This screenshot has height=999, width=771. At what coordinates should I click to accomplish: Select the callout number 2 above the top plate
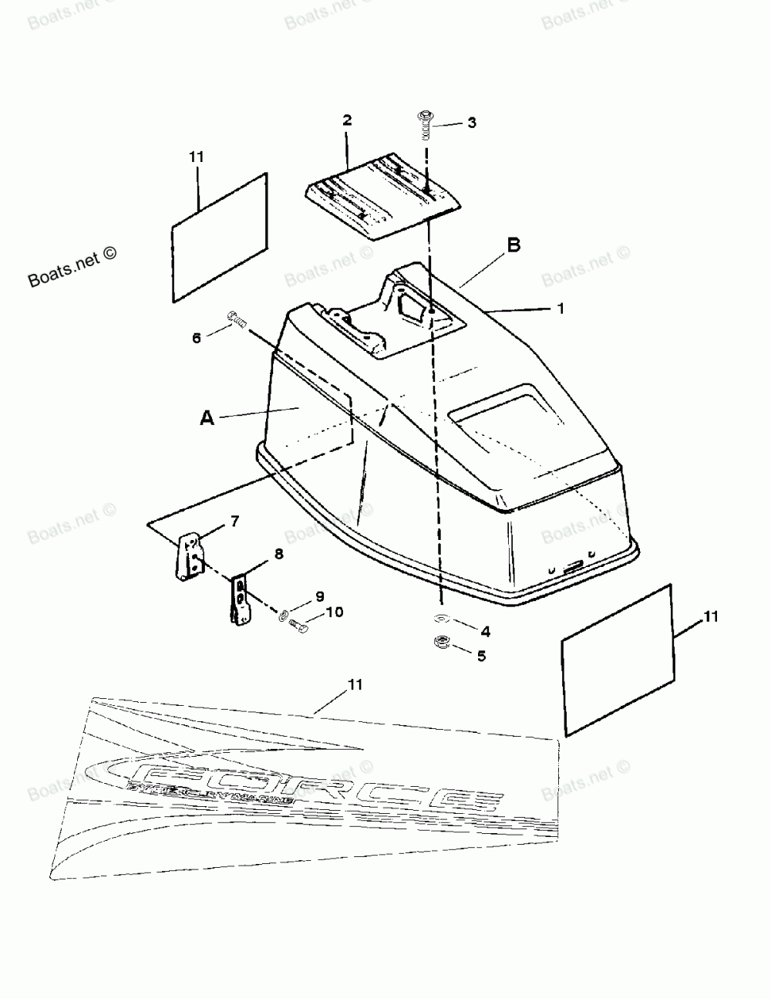pyautogui.click(x=347, y=120)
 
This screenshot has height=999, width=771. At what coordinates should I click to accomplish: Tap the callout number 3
pyautogui.click(x=472, y=123)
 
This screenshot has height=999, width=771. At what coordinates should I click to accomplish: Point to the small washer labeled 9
pyautogui.click(x=284, y=614)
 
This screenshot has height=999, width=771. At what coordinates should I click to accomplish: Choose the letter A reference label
pyautogui.click(x=207, y=417)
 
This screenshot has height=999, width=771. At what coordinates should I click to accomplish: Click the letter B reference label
pyautogui.click(x=513, y=245)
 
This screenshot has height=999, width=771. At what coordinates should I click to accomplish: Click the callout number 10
pyautogui.click(x=335, y=613)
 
